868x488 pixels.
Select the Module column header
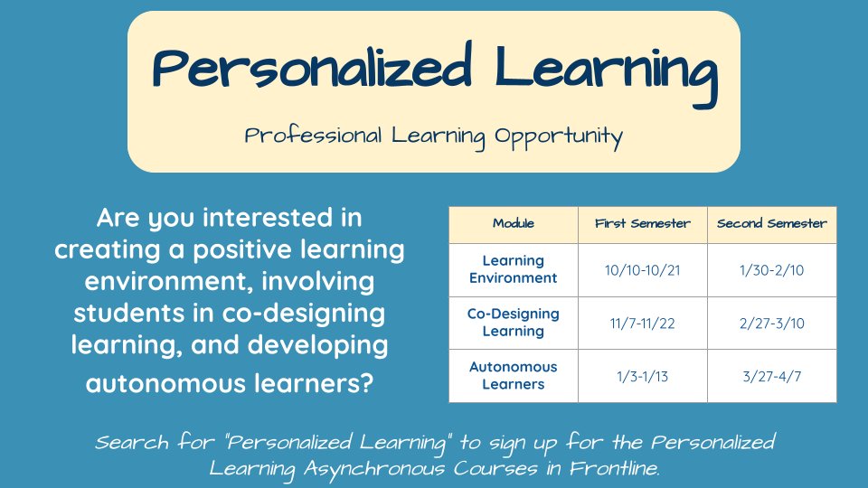(513, 223)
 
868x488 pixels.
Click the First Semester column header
(642, 223)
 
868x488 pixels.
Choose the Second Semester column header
(771, 223)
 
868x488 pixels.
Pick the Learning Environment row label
(513, 269)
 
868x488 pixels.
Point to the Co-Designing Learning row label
(513, 323)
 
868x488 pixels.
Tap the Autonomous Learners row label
(513, 376)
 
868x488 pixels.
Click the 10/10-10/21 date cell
(642, 269)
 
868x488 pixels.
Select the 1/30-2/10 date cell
(771, 269)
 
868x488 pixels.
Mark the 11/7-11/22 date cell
(642, 323)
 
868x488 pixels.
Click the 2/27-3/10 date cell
(771, 323)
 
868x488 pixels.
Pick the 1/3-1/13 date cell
(642, 376)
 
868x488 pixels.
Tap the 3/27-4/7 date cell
(771, 376)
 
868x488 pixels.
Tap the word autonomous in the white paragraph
(165, 384)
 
